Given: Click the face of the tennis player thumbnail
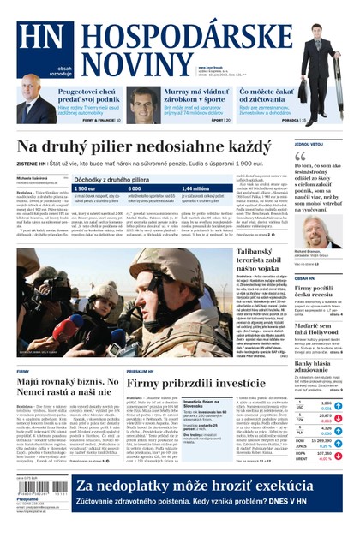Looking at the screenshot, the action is (x=143, y=104).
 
